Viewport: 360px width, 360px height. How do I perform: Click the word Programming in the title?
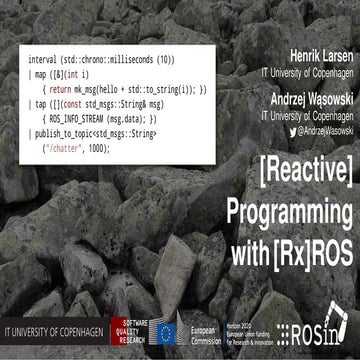pos(289,209)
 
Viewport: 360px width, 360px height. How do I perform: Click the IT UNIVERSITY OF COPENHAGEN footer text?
pos(60,329)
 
